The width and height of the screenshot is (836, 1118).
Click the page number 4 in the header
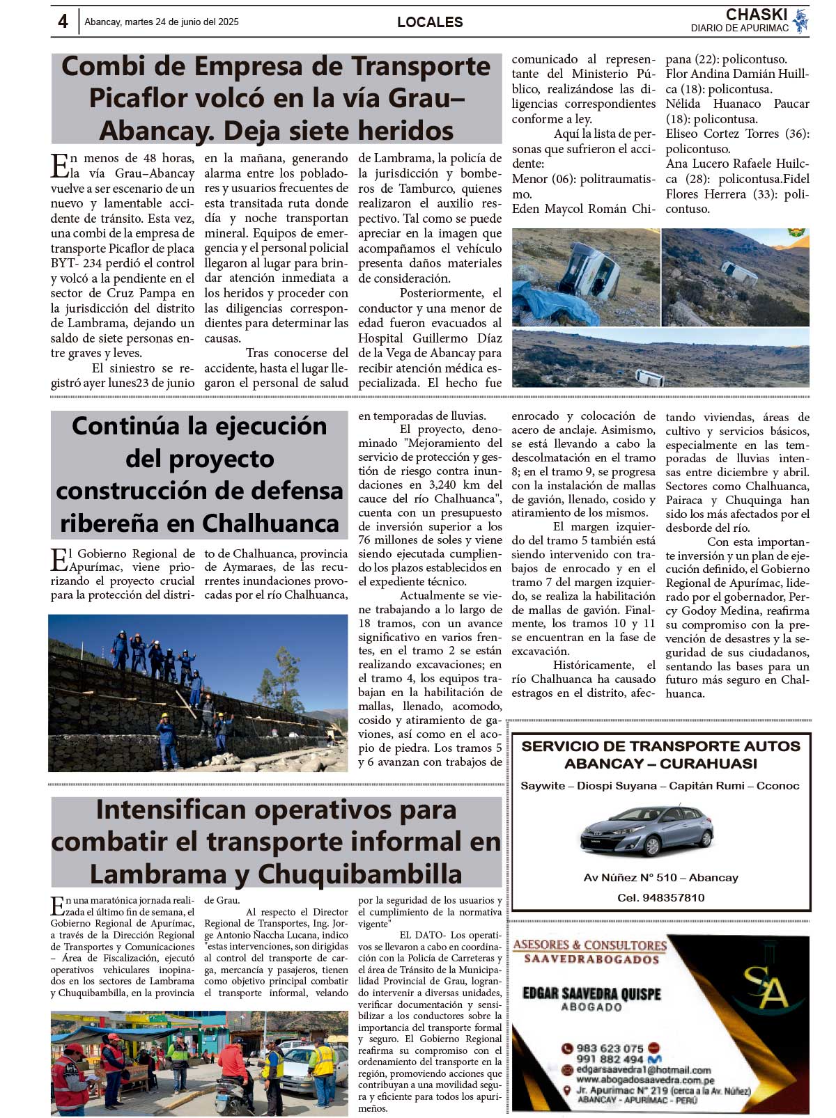pos(63,22)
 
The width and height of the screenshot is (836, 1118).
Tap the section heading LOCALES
pos(430,22)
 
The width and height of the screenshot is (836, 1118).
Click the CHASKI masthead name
pos(756,15)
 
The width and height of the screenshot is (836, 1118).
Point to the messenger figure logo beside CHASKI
pos(800,20)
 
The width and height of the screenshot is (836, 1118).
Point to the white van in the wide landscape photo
pos(649,378)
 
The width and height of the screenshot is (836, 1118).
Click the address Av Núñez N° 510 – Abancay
pos(660,878)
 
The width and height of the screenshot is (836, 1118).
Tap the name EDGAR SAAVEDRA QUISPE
pos(591,993)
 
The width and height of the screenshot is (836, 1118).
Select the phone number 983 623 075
pos(610,1048)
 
